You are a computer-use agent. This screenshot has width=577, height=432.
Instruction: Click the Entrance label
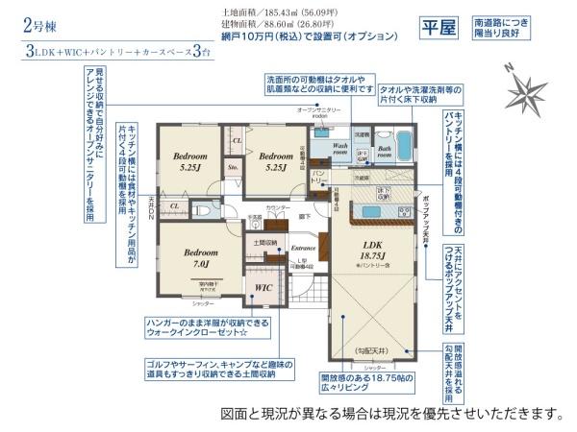[304, 247]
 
